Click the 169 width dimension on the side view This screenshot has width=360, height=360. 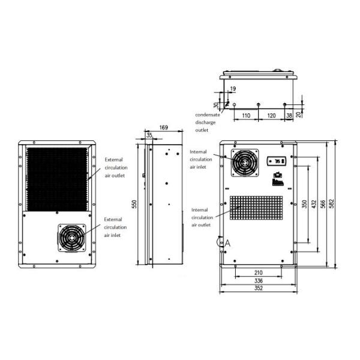click(x=164, y=127)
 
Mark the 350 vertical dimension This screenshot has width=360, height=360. click(x=305, y=203)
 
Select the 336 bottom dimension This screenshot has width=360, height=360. click(x=259, y=280)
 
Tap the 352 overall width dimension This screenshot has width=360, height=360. click(x=259, y=288)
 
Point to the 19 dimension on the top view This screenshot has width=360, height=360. click(x=233, y=89)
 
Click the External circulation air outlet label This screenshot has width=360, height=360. click(x=115, y=168)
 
